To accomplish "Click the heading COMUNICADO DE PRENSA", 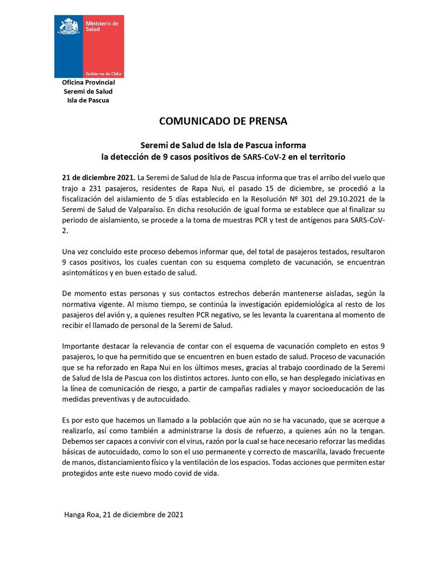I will click(x=223, y=121).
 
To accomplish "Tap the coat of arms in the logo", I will click(x=69, y=26).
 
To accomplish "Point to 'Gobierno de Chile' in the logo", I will click(x=103, y=74).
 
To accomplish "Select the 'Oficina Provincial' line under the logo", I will click(x=88, y=83).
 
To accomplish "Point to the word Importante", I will click(x=82, y=347).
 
